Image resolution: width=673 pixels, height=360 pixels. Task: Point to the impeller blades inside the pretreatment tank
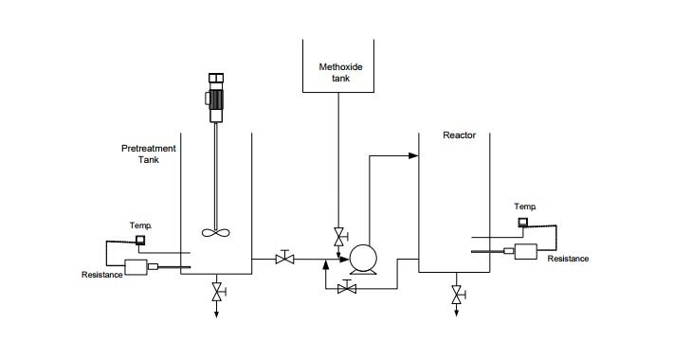(216, 231)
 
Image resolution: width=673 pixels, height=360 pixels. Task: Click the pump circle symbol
(361, 259)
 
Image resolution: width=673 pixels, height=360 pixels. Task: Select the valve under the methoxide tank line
(338, 237)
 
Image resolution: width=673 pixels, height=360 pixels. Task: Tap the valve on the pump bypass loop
(348, 288)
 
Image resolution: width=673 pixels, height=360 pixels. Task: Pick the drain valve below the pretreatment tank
(217, 291)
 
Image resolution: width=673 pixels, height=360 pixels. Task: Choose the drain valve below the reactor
(458, 296)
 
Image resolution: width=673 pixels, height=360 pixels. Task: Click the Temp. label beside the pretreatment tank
(140, 225)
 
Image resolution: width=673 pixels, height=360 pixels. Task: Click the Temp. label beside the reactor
(525, 206)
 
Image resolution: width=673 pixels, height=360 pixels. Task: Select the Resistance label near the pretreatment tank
(102, 276)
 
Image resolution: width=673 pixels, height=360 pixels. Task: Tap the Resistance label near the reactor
(569, 258)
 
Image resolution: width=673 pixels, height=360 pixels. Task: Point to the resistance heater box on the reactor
(524, 251)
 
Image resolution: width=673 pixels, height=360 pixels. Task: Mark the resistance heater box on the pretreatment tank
(137, 267)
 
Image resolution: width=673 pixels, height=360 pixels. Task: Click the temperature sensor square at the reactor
(523, 223)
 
